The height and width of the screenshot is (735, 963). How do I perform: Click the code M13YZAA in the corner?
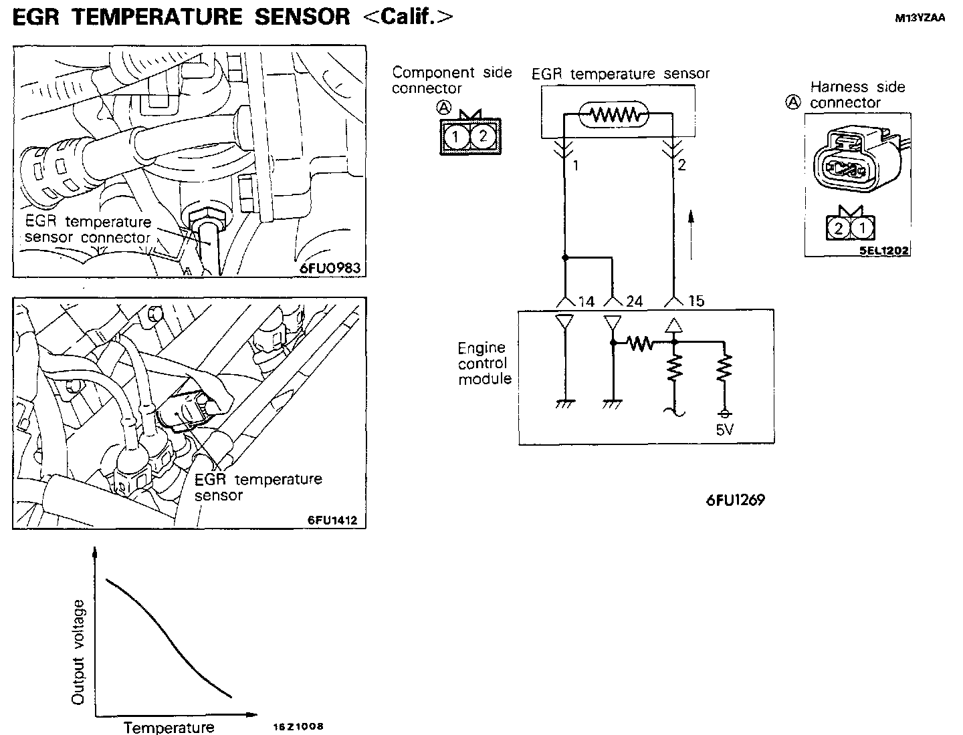[920, 19]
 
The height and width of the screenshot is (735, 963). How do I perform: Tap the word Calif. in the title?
[407, 17]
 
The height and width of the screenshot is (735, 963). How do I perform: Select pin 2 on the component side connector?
[483, 137]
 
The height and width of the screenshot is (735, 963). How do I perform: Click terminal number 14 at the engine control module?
[586, 302]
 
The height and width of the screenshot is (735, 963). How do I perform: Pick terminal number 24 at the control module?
[634, 302]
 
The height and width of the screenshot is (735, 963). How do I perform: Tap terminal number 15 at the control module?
[696, 301]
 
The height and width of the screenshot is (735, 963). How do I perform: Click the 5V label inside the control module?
[725, 430]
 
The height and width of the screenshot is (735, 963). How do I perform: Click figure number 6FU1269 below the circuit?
[735, 500]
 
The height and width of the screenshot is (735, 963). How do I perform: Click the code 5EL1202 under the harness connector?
[884, 251]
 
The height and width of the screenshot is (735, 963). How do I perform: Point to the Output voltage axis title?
[78, 651]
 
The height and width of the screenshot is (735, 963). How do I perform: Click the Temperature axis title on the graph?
[169, 727]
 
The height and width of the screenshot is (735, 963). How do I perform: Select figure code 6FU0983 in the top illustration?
[330, 268]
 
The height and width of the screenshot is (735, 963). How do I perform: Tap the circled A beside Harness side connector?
[793, 102]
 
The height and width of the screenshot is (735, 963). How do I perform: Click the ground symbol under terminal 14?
[565, 404]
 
